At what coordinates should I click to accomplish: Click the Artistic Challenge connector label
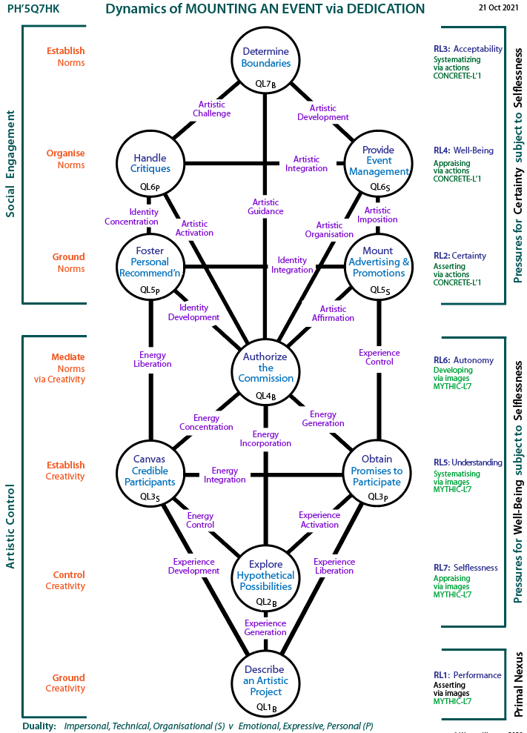tap(212, 109)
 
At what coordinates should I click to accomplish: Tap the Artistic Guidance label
tap(265, 207)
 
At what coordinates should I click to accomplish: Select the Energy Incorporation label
tap(265, 439)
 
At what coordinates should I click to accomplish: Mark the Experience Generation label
tap(265, 628)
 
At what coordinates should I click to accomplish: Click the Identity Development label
tap(193, 312)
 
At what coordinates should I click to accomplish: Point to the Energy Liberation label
tap(153, 359)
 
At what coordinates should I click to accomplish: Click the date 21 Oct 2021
tap(499, 7)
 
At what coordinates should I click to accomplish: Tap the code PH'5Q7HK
tap(33, 8)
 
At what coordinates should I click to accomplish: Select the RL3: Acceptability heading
tap(468, 49)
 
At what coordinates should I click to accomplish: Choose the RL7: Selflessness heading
tap(465, 568)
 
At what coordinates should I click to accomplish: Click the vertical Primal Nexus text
tap(518, 684)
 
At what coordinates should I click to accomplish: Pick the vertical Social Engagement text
tap(10, 164)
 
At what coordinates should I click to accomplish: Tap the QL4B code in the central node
tap(265, 397)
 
